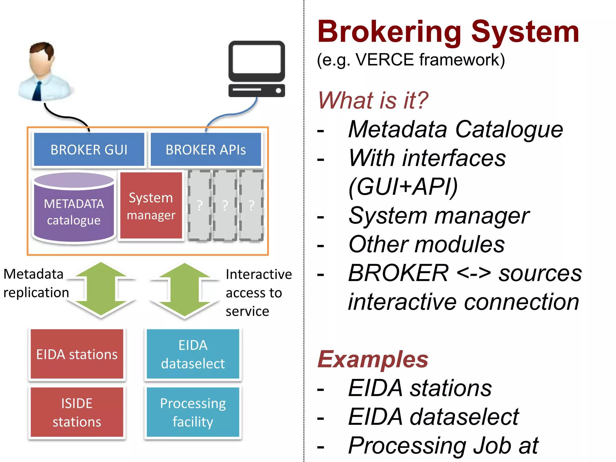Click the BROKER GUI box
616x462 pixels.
89,149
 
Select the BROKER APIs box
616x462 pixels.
206,149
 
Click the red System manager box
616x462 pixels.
151,206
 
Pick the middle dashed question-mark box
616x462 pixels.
225,205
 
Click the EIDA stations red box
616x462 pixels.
77,354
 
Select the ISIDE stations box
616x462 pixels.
77,412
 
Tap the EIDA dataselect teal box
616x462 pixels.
193,354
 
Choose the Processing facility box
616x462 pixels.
193,412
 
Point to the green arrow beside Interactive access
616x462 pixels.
185,290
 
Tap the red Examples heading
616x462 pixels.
373,359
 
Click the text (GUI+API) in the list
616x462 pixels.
403,186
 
